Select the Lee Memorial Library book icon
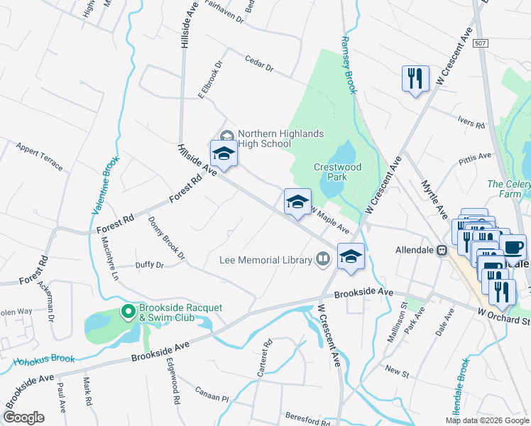[323, 259]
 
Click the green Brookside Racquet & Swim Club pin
[128, 311]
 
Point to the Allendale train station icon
[442, 251]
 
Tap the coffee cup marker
[513, 248]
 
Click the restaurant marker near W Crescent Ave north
[415, 78]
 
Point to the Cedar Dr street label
[259, 64]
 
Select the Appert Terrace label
[39, 156]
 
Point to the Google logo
[23, 417]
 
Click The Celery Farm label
[505, 190]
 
